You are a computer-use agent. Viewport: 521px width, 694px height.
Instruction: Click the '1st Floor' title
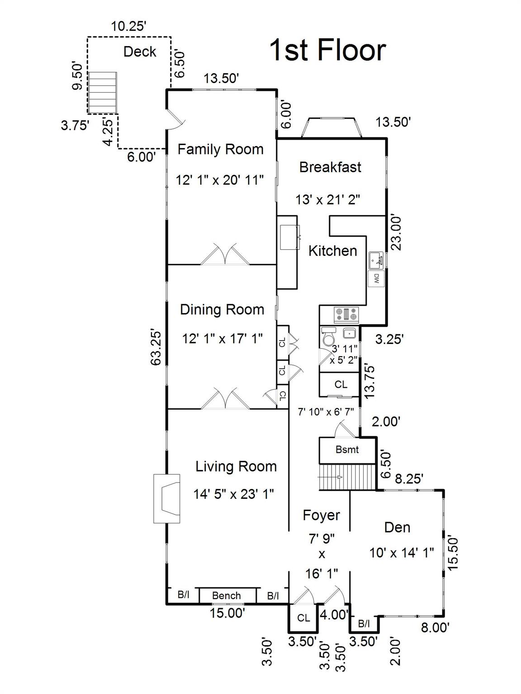327,50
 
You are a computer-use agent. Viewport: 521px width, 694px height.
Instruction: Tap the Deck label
139,52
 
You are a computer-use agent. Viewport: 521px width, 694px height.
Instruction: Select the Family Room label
221,149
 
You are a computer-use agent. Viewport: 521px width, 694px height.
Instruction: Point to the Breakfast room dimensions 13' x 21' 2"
328,200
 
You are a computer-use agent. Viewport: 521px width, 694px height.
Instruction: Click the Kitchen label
332,251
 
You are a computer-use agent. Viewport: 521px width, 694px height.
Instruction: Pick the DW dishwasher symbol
376,278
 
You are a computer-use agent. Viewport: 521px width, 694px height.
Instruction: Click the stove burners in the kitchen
346,314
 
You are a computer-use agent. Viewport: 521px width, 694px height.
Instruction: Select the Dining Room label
222,309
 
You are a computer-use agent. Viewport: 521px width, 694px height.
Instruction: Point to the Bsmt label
347,450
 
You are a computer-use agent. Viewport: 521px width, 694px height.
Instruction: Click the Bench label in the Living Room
227,596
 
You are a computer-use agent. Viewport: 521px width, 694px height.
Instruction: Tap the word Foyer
322,516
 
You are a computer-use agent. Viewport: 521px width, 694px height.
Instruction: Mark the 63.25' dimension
156,348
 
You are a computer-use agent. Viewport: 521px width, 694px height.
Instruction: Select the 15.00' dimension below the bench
227,613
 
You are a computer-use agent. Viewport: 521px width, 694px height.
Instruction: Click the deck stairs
103,92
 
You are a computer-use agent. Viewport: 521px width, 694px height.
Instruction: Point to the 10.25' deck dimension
128,26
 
